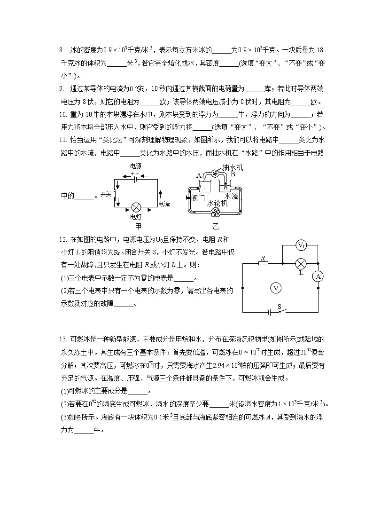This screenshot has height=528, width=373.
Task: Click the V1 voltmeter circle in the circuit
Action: (x=301, y=246)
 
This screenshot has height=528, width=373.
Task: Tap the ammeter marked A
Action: (x=318, y=276)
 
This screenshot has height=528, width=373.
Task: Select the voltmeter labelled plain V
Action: (x=276, y=288)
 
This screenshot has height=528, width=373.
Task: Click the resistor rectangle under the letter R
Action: (x=264, y=264)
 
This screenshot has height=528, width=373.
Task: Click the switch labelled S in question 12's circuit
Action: (x=280, y=311)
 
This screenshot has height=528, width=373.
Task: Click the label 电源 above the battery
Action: (x=136, y=166)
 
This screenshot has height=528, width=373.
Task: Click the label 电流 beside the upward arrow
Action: (x=164, y=204)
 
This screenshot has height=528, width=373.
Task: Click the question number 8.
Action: (x=61, y=50)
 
